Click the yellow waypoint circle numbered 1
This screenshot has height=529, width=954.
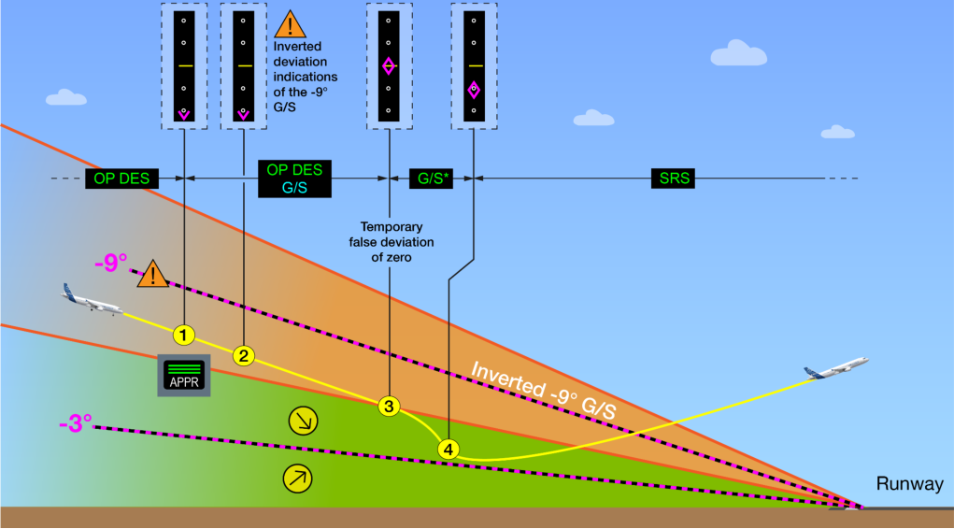coord(184,335)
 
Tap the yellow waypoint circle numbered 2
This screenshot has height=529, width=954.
coord(243,356)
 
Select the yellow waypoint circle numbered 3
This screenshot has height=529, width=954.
coord(389,406)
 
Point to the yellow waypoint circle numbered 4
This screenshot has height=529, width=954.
coord(449,450)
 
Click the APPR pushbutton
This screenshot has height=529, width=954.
coord(184,376)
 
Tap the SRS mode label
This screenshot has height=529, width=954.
coord(673,179)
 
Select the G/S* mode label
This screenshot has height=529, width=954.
coord(432,179)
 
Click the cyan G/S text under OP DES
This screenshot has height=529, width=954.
coord(294,188)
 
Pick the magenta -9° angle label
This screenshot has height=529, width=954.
coord(111,263)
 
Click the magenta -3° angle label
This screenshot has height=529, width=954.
coord(76,423)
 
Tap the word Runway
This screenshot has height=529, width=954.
coord(909,484)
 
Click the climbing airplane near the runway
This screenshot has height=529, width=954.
coord(836,368)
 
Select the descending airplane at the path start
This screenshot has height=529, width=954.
coord(92,300)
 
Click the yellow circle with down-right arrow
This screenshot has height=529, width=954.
coord(303,421)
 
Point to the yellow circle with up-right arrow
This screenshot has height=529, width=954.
coord(297,479)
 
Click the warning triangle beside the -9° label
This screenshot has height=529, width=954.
coord(152,275)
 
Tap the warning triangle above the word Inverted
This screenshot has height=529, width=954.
coord(291,25)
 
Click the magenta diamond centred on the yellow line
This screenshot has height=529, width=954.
coord(389,65)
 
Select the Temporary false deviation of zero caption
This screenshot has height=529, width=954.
coord(392,242)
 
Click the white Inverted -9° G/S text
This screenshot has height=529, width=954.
coord(544,390)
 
